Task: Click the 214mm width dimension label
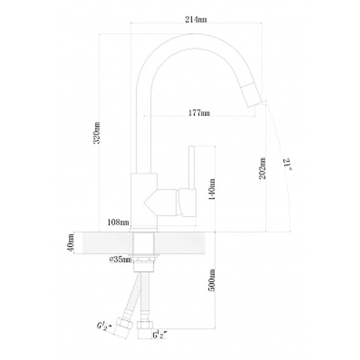(196, 20)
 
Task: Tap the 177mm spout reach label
(199, 113)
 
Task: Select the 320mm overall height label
(97, 133)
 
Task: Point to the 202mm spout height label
(262, 168)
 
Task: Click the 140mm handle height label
(212, 189)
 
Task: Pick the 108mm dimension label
(118, 222)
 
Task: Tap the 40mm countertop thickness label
(71, 243)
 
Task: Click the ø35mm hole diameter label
(120, 260)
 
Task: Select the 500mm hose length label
(212, 280)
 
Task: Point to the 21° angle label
(288, 164)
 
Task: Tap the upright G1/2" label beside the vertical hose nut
(160, 335)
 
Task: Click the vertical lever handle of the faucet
(191, 168)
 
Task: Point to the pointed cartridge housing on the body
(161, 202)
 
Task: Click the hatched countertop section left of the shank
(108, 243)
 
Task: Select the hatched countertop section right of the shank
(179, 243)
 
